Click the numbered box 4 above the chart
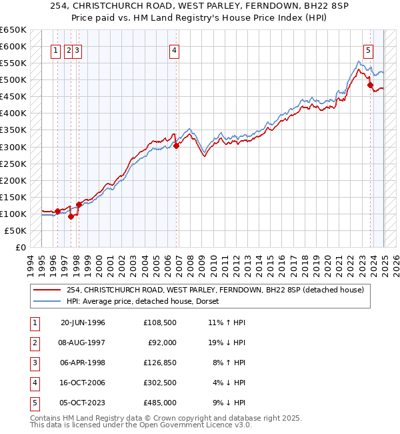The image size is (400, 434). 174,49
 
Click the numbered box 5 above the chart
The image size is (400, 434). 368,49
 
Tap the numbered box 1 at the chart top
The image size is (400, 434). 57,49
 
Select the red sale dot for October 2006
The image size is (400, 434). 176,146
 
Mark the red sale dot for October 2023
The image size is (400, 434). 371,85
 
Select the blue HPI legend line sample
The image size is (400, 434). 48,301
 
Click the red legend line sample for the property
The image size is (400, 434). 48,290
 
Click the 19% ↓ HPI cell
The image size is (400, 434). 229,343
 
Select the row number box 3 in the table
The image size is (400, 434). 33,363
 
